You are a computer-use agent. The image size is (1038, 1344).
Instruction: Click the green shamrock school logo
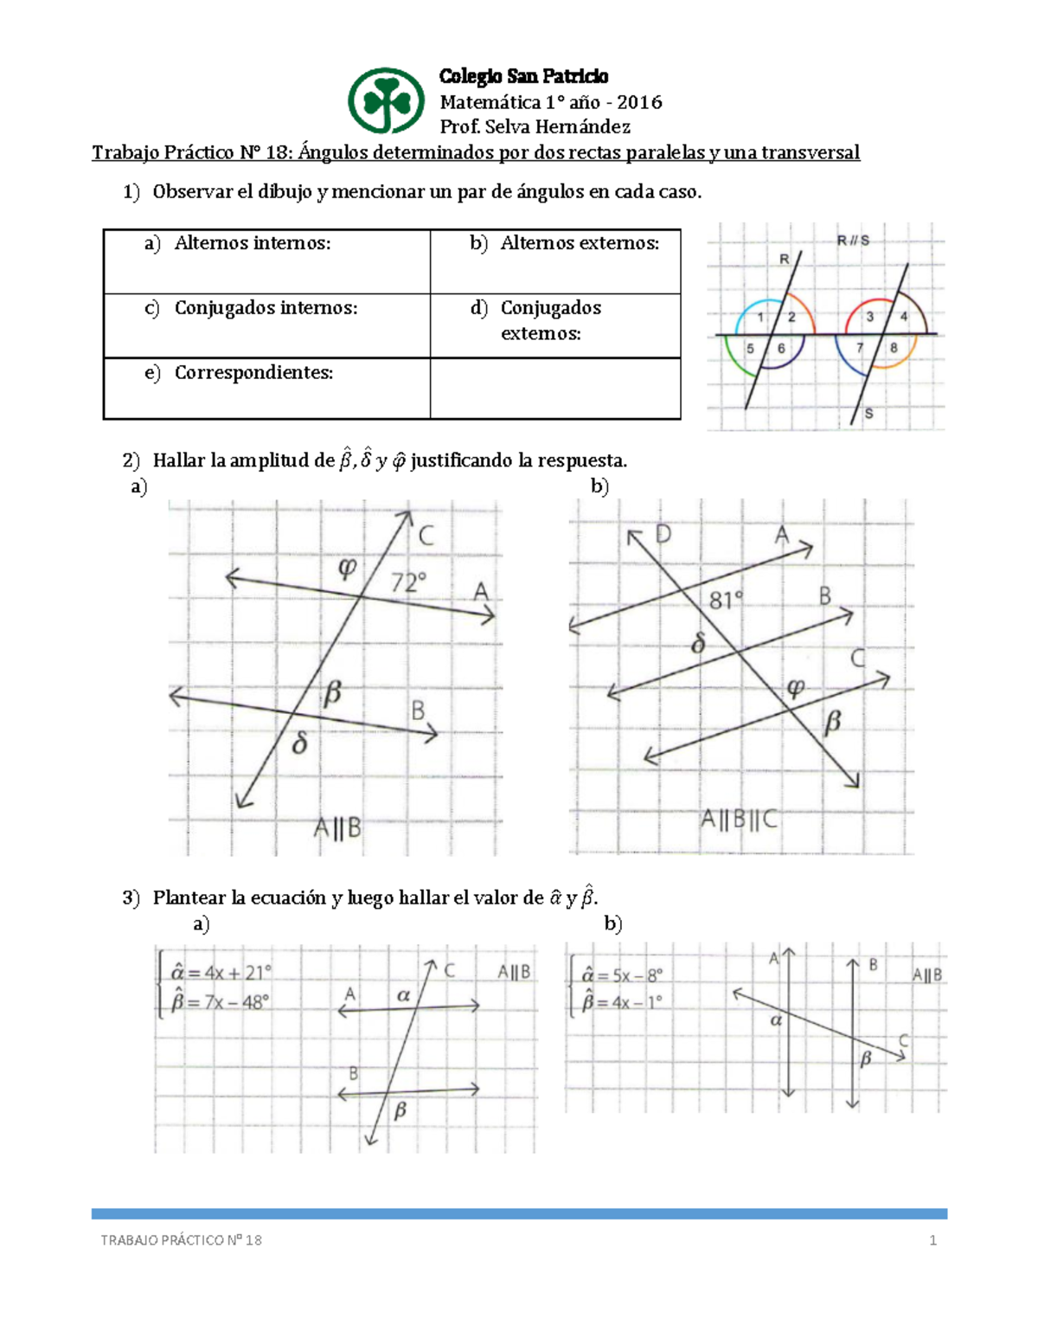pos(386,101)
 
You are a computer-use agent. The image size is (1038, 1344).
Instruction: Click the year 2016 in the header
pos(639,102)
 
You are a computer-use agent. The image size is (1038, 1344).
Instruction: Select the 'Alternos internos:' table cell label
pos(252,243)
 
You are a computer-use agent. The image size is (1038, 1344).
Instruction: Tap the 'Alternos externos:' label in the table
pos(579,243)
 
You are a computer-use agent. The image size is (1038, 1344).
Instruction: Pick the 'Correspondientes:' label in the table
pos(253,373)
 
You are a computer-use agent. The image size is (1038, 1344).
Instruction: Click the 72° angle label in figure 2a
pos(408,582)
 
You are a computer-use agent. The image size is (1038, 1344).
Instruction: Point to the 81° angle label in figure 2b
pos(726,600)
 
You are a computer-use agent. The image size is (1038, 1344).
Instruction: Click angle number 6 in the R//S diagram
pos(781,349)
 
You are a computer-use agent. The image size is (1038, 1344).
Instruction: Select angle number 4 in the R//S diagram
pos(904,317)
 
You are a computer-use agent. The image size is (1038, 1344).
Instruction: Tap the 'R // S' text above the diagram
pos(853,241)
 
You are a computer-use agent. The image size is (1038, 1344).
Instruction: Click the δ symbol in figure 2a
pos(300,743)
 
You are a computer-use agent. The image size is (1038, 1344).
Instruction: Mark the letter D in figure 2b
pos(663,534)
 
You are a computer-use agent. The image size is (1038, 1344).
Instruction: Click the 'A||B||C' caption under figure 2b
pos(739,819)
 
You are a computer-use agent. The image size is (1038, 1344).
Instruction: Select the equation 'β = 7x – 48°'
pos(221,1002)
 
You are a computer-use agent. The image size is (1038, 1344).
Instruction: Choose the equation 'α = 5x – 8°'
pos(622,975)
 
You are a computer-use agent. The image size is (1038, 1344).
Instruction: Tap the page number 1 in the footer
pos(932,1240)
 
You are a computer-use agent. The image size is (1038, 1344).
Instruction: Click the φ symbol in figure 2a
pos(347,568)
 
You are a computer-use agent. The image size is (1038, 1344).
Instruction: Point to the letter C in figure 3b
pos(903,1040)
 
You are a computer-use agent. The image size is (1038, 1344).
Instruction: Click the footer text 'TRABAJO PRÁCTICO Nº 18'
pos(181,1240)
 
